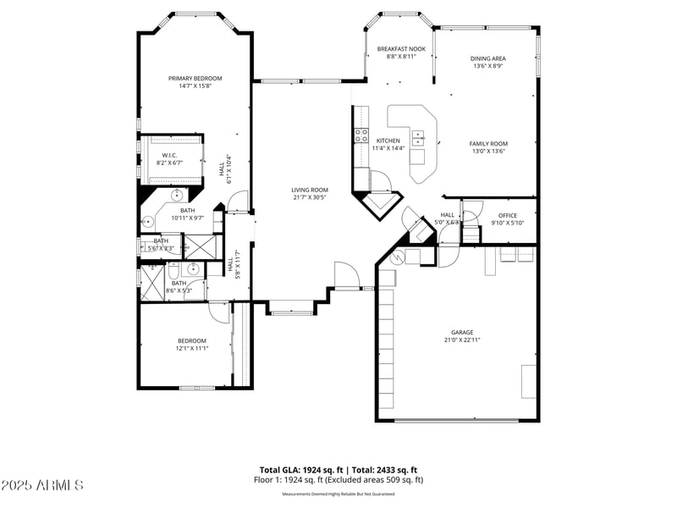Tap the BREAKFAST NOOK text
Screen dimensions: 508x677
(401, 49)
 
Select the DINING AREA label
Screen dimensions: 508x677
(488, 58)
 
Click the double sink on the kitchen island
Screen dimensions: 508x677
(418, 136)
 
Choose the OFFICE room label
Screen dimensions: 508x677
(508, 215)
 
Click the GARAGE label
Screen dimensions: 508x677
(462, 332)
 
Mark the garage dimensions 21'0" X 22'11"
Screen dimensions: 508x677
(462, 340)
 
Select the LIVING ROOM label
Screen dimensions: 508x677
(310, 190)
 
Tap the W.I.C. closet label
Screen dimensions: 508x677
(169, 155)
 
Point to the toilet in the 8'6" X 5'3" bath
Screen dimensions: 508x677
(172, 273)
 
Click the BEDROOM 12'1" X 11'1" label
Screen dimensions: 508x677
(192, 340)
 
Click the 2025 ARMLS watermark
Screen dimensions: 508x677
(42, 485)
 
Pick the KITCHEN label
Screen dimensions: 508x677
(388, 141)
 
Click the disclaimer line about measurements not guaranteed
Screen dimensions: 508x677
(338, 494)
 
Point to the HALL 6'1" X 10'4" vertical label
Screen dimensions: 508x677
(227, 167)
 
